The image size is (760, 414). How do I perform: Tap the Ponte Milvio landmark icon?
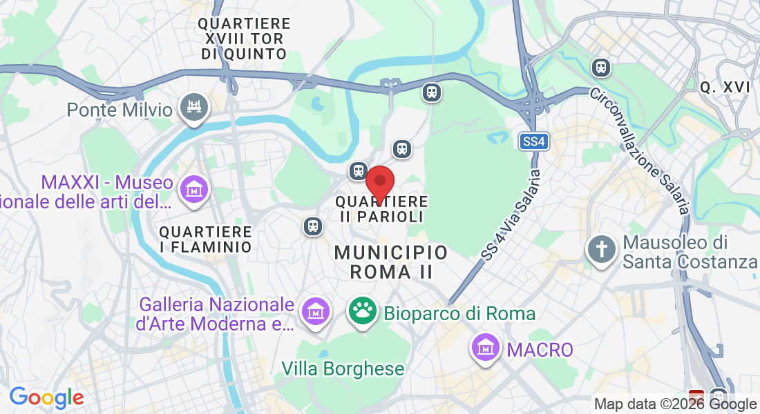pos(194,108)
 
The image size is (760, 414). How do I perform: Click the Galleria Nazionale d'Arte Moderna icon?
pos(316,312)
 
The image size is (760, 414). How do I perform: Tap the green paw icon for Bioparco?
pos(363,313)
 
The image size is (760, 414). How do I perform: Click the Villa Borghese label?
pos(343,368)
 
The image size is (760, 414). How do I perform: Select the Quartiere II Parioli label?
pos(381,208)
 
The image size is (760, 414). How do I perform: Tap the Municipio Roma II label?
pos(391,262)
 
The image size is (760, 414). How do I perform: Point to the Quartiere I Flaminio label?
pos(205,239)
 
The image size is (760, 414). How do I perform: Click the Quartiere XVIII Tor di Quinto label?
pos(244,39)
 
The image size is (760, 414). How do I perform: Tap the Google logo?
pos(46,397)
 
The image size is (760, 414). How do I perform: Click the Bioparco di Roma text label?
pos(459,313)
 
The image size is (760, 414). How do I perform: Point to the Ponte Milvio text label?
pos(120,109)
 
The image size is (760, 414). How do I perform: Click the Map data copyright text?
pos(676,404)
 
